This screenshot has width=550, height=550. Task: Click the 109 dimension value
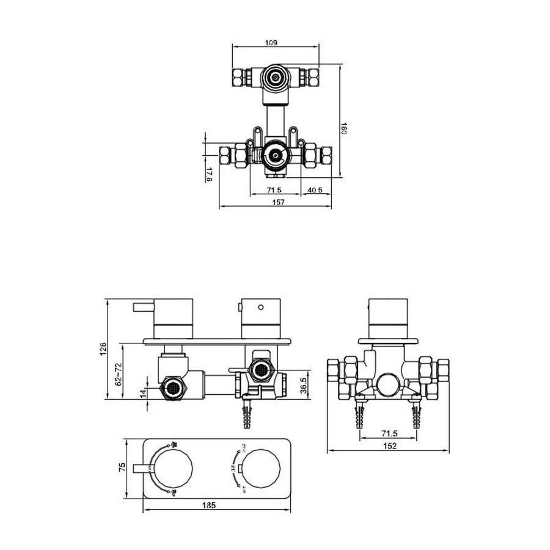click(x=273, y=43)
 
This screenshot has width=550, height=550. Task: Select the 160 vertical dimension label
click(x=343, y=130)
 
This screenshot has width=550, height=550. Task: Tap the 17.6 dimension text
click(x=209, y=175)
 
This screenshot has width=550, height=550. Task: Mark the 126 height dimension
click(x=103, y=348)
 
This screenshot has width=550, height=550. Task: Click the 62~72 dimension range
click(x=120, y=372)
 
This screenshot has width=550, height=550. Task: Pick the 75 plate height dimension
click(x=122, y=468)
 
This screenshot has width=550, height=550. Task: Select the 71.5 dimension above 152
click(x=389, y=433)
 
